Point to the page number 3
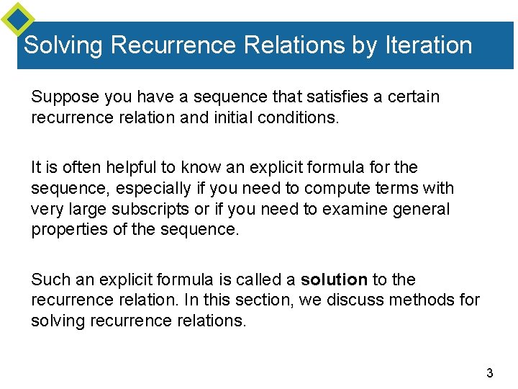[x=490, y=373]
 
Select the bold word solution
[x=334, y=280]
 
